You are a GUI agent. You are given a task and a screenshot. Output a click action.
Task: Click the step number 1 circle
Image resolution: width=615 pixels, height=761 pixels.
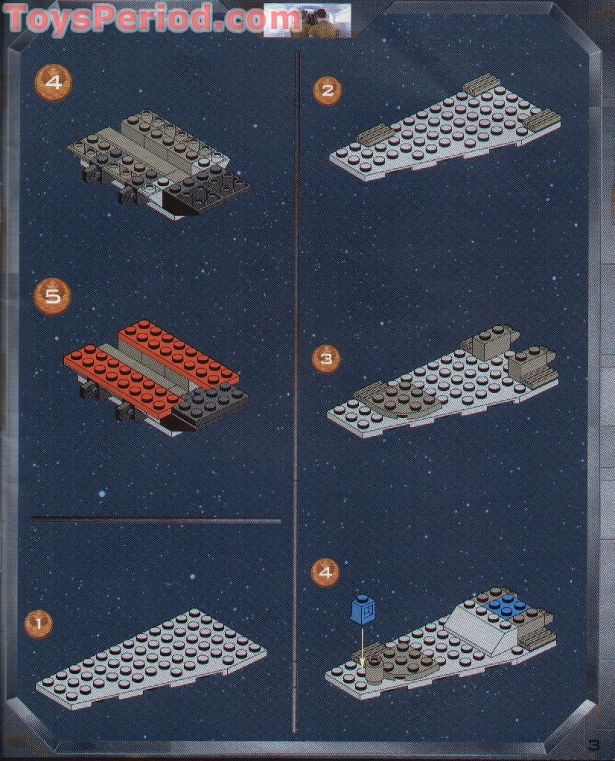tap(38, 623)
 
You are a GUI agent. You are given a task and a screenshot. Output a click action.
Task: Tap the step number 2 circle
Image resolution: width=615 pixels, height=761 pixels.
tap(327, 91)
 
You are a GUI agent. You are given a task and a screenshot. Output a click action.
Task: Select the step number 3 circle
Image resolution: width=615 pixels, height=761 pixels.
tap(326, 359)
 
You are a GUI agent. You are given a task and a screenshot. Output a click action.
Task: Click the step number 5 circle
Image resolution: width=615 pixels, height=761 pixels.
tap(53, 296)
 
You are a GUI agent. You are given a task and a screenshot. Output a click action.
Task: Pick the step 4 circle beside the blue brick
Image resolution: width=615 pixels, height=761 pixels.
tap(325, 572)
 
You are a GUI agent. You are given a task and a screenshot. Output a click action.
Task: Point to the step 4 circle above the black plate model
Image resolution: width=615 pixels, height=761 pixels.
tap(53, 83)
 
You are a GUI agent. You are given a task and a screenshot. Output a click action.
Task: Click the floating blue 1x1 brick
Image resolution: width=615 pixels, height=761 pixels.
tap(363, 610)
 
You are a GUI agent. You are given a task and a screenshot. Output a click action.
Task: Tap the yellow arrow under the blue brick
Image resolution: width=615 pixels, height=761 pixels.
tap(363, 643)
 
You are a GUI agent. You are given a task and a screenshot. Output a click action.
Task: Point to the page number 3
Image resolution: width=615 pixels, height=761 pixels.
tap(593, 743)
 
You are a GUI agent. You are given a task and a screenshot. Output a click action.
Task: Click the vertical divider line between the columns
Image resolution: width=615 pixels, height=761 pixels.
tap(296, 372)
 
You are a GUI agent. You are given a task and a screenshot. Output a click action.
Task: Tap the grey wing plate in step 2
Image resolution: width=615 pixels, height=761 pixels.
tap(439, 134)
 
